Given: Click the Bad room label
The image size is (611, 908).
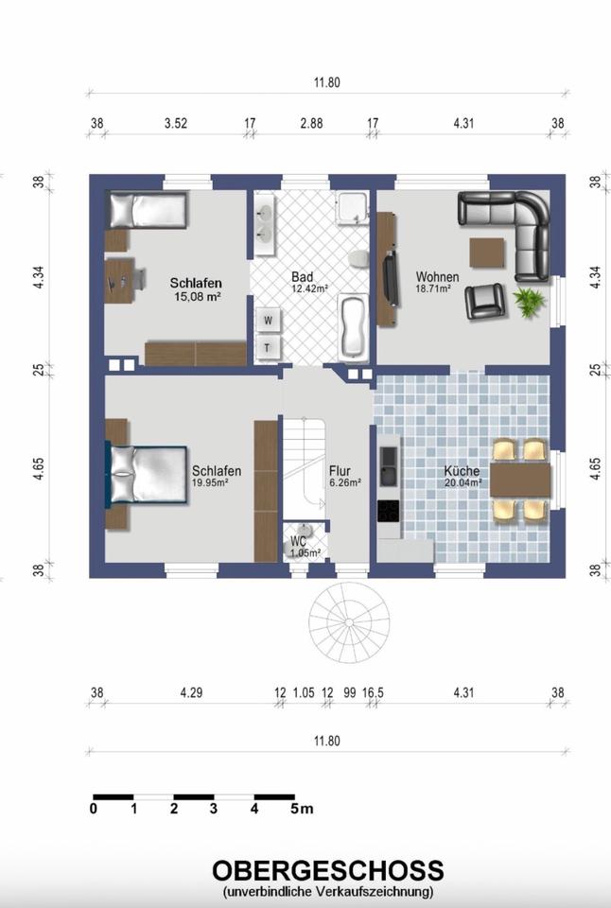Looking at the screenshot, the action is tap(302, 277).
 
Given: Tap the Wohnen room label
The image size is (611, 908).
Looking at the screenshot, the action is tap(437, 277).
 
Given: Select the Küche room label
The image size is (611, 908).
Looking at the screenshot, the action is tap(462, 471).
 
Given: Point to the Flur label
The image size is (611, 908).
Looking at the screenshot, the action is tap(340, 471).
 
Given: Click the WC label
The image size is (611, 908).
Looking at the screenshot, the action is tap(298, 542).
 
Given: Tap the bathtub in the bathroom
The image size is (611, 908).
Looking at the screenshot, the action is tap(353, 326).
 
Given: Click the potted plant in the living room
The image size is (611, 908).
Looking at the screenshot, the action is tap(529, 302).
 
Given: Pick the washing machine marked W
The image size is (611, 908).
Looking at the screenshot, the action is tap(269, 320).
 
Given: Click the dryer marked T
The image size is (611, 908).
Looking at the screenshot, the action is tap(268, 347).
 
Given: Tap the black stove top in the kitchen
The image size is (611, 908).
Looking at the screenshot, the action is tap(388, 511).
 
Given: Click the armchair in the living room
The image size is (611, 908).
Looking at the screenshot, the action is tap(484, 301).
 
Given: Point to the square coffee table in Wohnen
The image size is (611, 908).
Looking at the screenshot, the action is tap(486, 253).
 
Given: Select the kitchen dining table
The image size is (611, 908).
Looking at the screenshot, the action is tap(520, 480).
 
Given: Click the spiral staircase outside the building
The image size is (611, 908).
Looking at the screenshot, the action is tap(349, 622).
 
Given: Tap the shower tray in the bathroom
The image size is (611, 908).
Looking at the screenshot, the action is tap(353, 208).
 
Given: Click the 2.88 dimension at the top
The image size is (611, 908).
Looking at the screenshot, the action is tap(311, 123).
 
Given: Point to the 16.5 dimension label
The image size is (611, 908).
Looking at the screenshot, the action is tap(373, 692).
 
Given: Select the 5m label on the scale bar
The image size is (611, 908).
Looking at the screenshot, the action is tap(302, 809).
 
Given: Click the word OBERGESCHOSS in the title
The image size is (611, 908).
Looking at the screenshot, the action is tap(328, 871).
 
